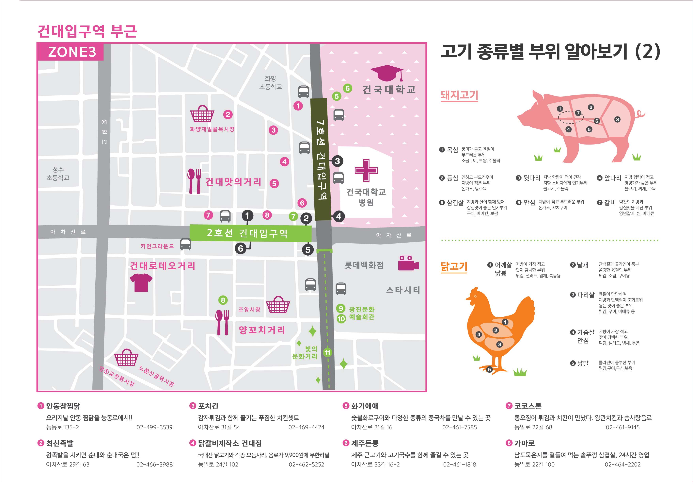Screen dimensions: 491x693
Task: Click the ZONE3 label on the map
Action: (x=72, y=52)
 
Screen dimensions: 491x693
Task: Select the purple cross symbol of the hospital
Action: (x=366, y=170)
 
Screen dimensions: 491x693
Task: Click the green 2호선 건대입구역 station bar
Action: (x=250, y=233)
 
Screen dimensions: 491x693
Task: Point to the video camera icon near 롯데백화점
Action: (x=408, y=263)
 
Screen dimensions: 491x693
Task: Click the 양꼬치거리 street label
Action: (x=262, y=330)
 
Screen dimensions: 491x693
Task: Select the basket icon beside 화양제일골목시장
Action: (x=202, y=114)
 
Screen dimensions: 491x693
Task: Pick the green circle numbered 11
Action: (x=327, y=352)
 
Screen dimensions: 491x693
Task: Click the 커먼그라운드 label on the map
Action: (x=157, y=246)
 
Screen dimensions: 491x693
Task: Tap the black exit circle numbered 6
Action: (x=241, y=248)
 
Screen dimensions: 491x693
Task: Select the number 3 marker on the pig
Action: (x=617, y=119)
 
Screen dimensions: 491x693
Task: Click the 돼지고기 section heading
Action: (x=459, y=95)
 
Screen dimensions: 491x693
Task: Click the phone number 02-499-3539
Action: (x=154, y=427)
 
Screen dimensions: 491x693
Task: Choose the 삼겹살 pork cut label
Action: (x=455, y=203)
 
